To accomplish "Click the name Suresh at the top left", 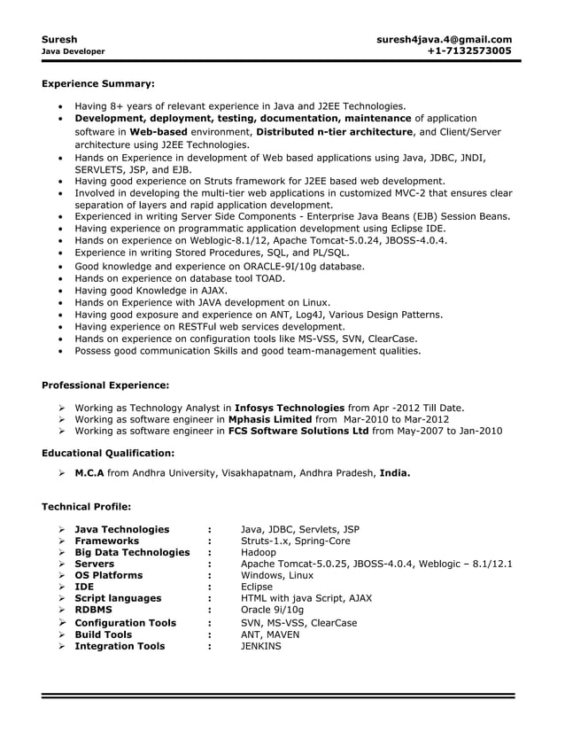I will coord(59,39).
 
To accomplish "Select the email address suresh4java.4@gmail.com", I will coord(444,39).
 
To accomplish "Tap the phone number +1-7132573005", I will coord(468,51).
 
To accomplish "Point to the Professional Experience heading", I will coord(105,385).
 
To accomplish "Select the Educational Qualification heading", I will coord(108,453).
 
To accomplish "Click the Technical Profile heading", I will coord(87,507).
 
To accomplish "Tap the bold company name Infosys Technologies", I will coord(289,408).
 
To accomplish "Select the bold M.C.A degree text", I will coord(89,473).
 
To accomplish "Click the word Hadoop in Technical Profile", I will coord(259,553).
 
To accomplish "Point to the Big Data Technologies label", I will coord(132,553).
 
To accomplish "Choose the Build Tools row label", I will coord(103,635).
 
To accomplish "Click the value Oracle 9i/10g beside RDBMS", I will coord(272,611).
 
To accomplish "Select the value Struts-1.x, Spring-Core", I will coord(295,541).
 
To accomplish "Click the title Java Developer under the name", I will coord(74,51).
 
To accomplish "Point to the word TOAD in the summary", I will coord(270,278).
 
